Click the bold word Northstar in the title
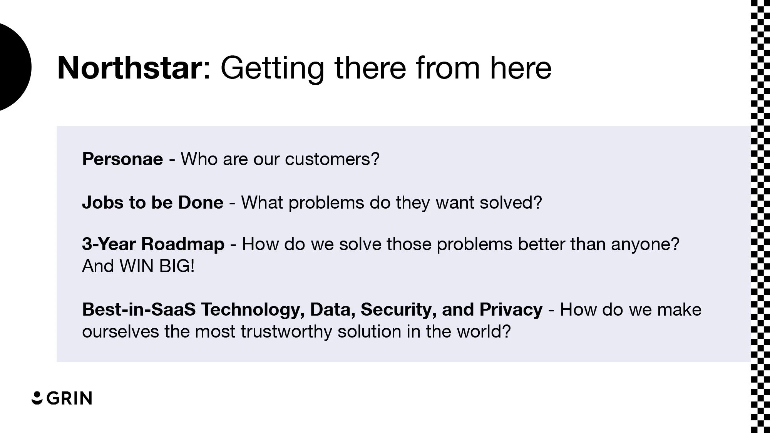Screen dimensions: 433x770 click(129, 68)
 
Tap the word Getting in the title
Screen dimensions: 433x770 click(272, 68)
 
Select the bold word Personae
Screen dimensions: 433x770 click(122, 159)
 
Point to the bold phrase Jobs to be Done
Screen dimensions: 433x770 click(152, 202)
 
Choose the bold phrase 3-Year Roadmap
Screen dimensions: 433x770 click(153, 244)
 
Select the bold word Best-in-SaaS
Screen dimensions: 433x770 click(139, 309)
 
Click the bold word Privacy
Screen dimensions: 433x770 click(511, 309)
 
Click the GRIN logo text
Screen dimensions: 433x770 click(70, 398)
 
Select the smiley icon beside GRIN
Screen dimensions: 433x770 click(37, 398)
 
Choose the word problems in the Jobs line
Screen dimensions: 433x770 click(326, 202)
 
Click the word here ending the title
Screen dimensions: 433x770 click(521, 68)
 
